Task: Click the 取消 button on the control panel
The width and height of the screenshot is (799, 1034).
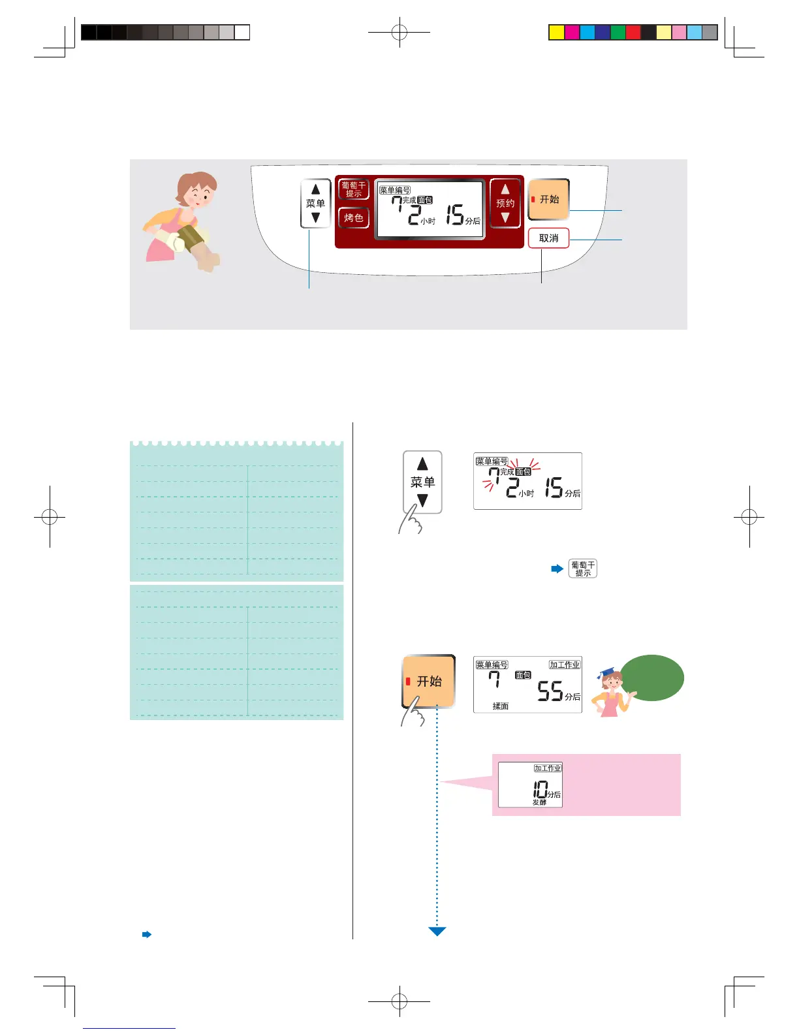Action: click(x=548, y=238)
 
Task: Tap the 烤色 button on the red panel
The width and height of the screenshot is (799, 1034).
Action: click(x=353, y=217)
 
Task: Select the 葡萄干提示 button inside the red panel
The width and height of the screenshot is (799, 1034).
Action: click(x=353, y=189)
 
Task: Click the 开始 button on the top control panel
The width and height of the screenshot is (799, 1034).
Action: click(x=549, y=199)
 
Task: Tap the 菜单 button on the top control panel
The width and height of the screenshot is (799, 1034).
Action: click(x=315, y=203)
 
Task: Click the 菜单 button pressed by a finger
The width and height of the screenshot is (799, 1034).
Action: click(x=422, y=482)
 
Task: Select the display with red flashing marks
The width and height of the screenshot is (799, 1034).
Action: click(x=527, y=481)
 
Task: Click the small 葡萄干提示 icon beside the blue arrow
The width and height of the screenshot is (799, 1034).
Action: click(x=582, y=569)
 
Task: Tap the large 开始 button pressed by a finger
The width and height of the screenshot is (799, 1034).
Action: click(x=428, y=681)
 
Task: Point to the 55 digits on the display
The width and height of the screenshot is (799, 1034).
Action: click(x=550, y=691)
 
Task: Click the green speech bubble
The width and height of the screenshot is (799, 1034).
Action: click(x=651, y=678)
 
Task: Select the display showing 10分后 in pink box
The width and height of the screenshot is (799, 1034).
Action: click(x=530, y=785)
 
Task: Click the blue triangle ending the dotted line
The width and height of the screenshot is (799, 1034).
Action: click(x=437, y=932)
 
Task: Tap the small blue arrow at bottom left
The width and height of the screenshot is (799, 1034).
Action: click(x=147, y=934)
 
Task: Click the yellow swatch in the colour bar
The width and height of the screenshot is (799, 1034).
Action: click(x=556, y=32)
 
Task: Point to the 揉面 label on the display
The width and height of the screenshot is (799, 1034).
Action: click(x=501, y=706)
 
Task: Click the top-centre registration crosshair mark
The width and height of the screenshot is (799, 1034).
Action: click(x=399, y=31)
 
